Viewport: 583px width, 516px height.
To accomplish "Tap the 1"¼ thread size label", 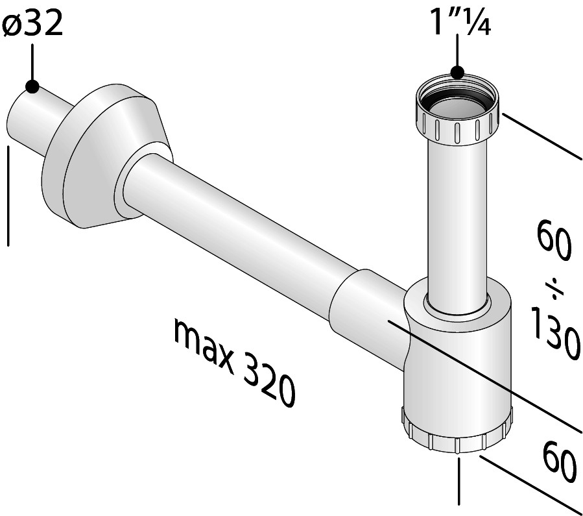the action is tap(460, 22).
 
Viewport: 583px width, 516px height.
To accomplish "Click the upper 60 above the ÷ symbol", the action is tap(553, 240).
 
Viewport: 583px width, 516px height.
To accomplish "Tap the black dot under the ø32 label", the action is tap(32, 86).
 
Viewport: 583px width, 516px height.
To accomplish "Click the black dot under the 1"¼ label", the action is tap(457, 72).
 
